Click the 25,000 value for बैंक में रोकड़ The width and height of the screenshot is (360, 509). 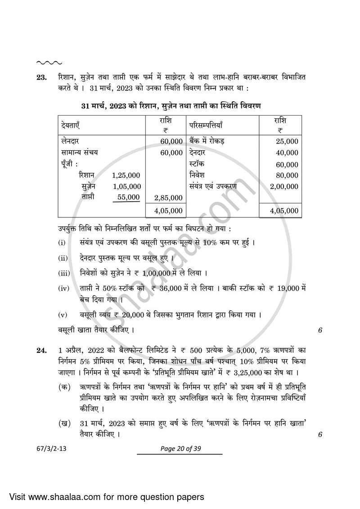pyautogui.click(x=287, y=141)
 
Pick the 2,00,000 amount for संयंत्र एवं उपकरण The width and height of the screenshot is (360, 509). pyautogui.click(x=284, y=186)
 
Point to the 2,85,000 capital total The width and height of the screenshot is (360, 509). pyautogui.click(x=168, y=198)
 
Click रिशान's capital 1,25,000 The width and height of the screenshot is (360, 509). pyautogui.click(x=126, y=175)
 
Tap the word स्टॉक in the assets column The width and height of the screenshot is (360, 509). pyautogui.click(x=197, y=164)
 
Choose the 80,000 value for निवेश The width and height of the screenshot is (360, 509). pyautogui.click(x=287, y=175)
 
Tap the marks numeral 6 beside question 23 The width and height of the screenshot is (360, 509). pyautogui.click(x=320, y=330)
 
